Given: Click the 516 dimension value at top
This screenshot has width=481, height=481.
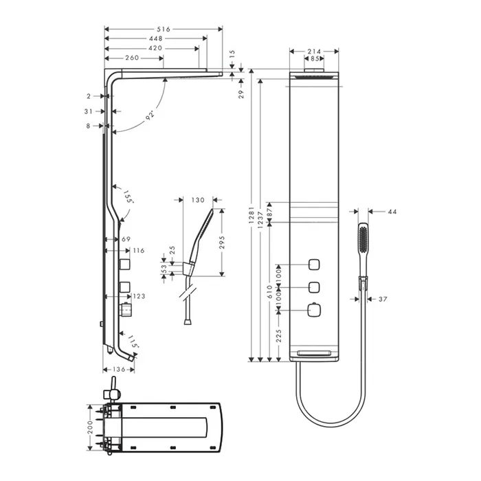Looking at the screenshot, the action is coord(164,29).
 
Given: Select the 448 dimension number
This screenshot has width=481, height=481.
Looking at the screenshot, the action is coord(156,38).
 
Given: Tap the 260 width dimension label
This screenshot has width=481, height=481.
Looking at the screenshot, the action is coord(132,58).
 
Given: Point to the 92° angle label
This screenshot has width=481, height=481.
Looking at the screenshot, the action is coord(150,116).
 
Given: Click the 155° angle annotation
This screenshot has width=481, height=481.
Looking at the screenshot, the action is coord(128,197).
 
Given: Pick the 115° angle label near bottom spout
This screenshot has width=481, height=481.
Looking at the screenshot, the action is coord(133,341).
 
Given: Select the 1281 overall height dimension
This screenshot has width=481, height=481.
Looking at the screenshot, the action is coord(251,214).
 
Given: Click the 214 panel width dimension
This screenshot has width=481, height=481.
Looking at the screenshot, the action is coord(314,52).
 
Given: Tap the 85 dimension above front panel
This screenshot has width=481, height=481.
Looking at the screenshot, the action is coord(315,58).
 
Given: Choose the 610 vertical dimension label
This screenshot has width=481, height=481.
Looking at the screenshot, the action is coord(269,292).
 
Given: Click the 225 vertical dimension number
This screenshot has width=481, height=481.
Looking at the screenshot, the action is coord(278,336).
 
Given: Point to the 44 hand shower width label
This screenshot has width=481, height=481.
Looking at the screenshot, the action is coord(392,212).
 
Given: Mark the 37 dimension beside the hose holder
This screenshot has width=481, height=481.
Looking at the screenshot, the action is coord(383,299).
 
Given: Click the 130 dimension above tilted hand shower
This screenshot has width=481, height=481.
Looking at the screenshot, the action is coord(198,201).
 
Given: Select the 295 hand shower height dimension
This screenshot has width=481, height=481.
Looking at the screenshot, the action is coord(223,243).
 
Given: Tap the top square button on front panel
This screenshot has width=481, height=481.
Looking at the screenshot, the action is coord(314,265).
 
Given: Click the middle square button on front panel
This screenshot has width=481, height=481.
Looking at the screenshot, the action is coord(314,287).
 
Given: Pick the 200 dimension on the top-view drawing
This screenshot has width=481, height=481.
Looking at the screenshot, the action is coord(90,427).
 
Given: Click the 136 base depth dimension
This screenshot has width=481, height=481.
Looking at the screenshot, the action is coord(119,370).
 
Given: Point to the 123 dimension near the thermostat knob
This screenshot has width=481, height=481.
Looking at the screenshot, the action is coord(139,296).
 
